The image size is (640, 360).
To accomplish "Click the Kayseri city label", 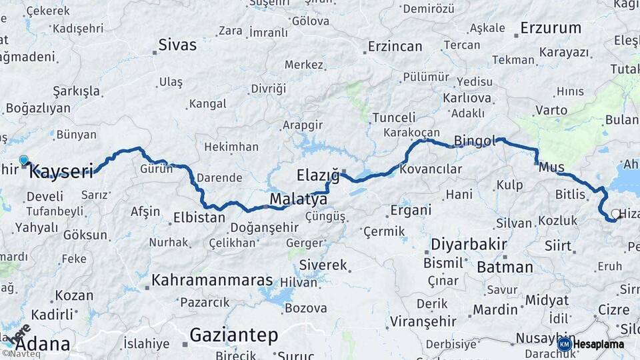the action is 61,172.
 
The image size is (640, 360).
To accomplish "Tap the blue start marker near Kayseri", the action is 24,160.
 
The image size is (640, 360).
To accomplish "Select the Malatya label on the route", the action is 298,199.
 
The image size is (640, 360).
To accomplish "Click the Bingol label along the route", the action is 475,141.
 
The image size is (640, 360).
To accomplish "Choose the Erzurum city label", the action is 551,28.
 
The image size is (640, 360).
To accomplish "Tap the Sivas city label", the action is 177,45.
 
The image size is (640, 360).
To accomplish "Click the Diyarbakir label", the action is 469,244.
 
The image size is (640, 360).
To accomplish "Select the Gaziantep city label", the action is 233,335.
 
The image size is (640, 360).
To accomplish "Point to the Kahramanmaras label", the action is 212,280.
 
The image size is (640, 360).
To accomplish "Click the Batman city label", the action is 505,267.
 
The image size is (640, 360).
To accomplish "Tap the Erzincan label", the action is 395,47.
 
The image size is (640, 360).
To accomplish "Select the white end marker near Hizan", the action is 614,214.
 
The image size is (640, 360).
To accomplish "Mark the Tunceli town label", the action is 393,117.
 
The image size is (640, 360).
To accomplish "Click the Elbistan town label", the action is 199,217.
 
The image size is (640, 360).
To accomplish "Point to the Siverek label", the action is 323,265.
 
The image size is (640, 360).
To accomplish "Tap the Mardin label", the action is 495,309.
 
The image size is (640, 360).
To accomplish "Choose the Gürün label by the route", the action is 156,169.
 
